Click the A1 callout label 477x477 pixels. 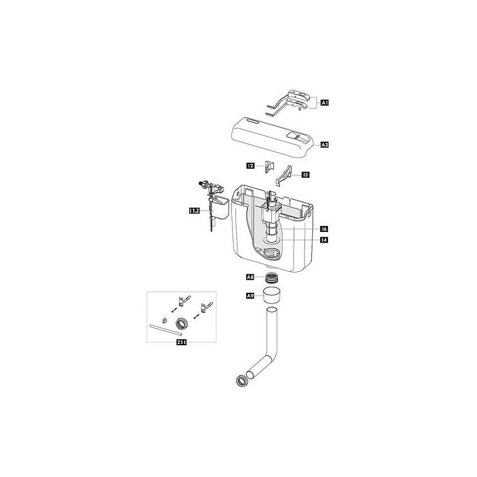pyautogui.click(x=325, y=103)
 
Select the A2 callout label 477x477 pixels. pyautogui.click(x=325, y=145)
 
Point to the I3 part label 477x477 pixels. pyautogui.click(x=305, y=175)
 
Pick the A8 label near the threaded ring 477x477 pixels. pyautogui.click(x=251, y=277)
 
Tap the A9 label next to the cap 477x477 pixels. pyautogui.click(x=251, y=295)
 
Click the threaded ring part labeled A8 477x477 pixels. pyautogui.click(x=271, y=278)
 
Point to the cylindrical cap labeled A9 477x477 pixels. pyautogui.click(x=272, y=295)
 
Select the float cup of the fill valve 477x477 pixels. pyautogui.click(x=221, y=208)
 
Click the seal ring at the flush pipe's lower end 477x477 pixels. pyautogui.click(x=243, y=379)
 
